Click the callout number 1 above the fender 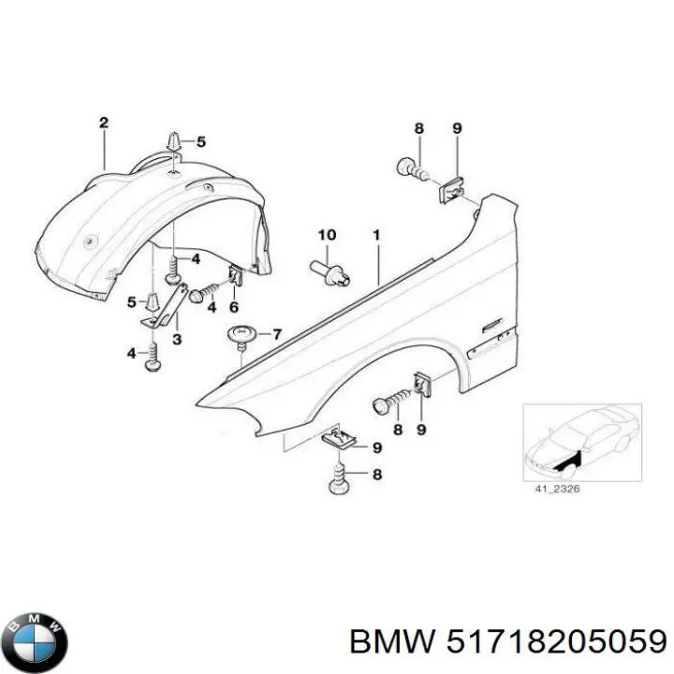click(376, 236)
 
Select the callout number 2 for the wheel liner click(104, 124)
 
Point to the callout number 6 click(234, 306)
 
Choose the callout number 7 click(275, 334)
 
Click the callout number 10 click(326, 234)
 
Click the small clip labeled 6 click(235, 276)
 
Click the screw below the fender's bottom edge click(341, 481)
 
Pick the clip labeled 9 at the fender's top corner click(451, 190)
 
